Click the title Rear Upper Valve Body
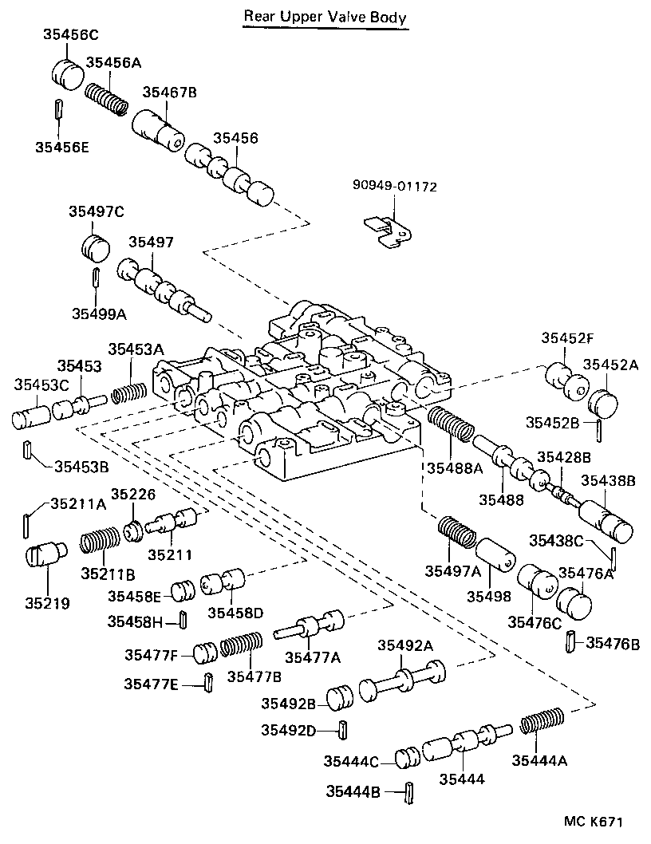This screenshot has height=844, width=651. [x=325, y=16]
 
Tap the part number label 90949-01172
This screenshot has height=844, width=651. [x=395, y=187]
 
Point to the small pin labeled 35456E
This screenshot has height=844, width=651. [x=58, y=108]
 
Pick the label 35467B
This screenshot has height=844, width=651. [x=169, y=93]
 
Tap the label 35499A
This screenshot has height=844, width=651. [x=98, y=314]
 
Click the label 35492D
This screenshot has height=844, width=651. [x=290, y=729]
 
